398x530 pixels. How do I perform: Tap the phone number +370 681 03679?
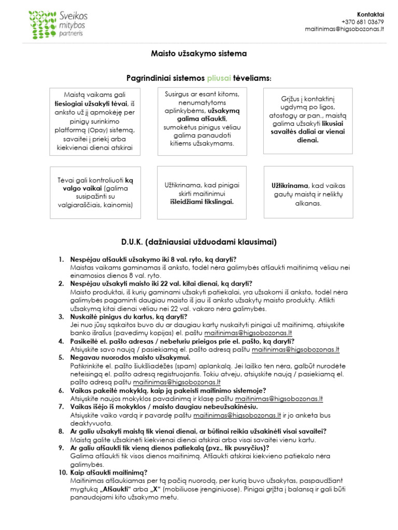coord(363,22)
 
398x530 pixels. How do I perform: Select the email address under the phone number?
coord(345,30)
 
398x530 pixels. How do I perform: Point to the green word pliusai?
coord(219,78)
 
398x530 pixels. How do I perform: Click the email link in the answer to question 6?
coord(279,399)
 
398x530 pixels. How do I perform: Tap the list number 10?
coord(62,472)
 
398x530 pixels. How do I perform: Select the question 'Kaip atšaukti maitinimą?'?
coord(109,472)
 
